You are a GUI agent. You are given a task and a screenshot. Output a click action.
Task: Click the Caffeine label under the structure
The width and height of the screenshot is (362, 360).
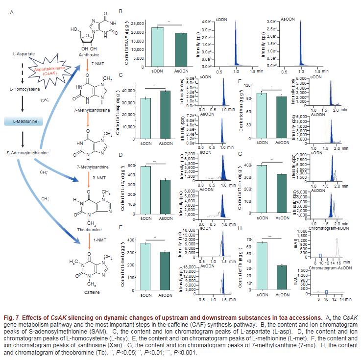[x=92, y=292]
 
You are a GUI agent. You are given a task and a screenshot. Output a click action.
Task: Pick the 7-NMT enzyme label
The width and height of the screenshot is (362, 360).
[x=98, y=64]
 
